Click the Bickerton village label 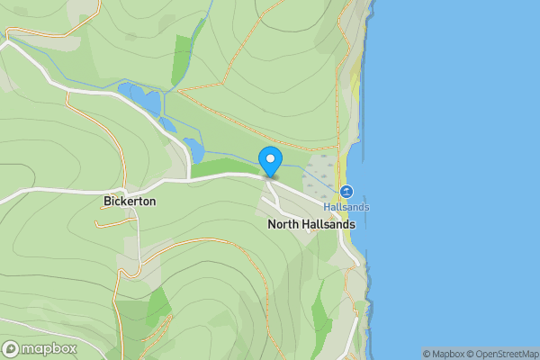130,202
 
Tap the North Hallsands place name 311,224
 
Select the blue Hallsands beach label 346,207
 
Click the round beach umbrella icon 346,192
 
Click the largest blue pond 139,96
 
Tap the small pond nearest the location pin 193,149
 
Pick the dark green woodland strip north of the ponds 183,58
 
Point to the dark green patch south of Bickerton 157,306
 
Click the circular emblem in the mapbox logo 12,349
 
